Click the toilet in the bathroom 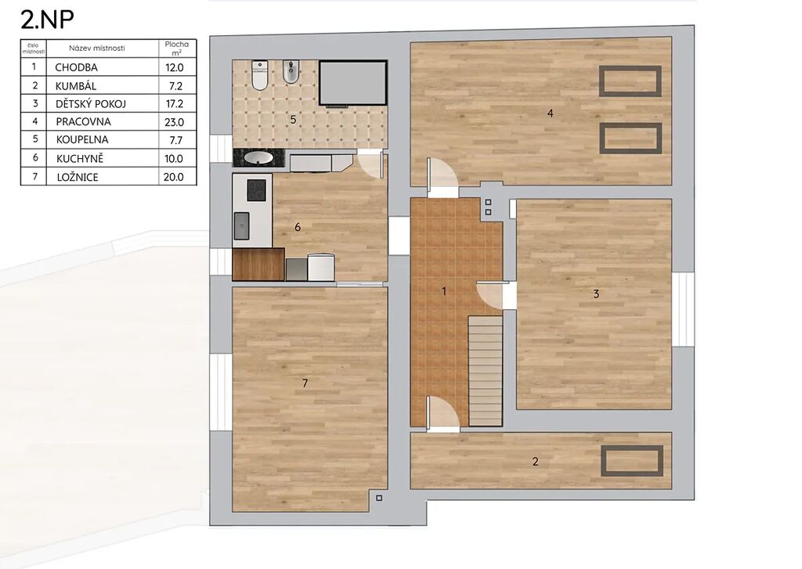260,75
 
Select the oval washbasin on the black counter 258,157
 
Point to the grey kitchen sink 242,226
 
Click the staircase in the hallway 486,371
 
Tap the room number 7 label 305,383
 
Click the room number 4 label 551,113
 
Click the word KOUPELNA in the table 81,139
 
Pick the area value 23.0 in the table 175,121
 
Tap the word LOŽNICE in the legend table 78,177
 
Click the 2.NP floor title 47,20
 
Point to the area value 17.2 175,104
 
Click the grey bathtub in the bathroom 353,83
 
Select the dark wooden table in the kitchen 258,265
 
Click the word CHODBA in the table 76,67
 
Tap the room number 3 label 596,294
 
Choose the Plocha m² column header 176,48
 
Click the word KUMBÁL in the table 76,86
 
